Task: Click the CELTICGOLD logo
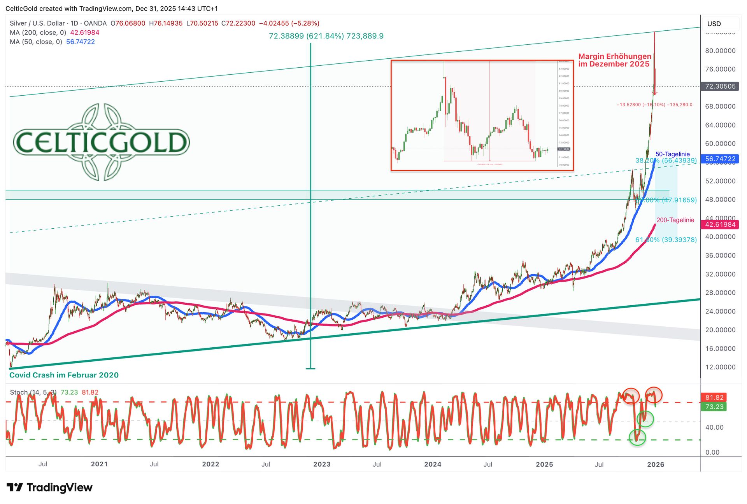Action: [x=101, y=142]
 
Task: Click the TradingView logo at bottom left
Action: [x=50, y=487]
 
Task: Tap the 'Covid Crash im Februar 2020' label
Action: [x=64, y=375]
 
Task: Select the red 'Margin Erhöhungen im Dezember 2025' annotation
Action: [x=614, y=60]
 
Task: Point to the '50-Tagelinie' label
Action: [x=673, y=154]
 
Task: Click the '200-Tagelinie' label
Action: [x=675, y=220]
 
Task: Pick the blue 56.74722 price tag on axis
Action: [x=720, y=159]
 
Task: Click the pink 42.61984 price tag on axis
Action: [x=720, y=224]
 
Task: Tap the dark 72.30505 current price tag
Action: [x=720, y=86]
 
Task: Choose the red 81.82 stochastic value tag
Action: [x=714, y=397]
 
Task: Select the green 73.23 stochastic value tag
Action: [x=714, y=407]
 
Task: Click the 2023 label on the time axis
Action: [x=322, y=464]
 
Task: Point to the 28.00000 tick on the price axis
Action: [x=720, y=293]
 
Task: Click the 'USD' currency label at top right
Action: [x=714, y=24]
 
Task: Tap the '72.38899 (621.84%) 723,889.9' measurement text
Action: [x=326, y=36]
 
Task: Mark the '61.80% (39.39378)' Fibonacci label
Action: [x=666, y=240]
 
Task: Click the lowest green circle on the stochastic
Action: [x=637, y=437]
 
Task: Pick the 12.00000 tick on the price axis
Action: [x=720, y=367]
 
